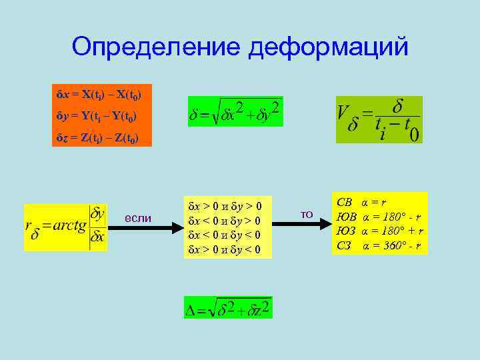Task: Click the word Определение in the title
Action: coord(157,47)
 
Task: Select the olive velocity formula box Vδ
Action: coord(379,119)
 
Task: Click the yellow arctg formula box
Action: coord(65,227)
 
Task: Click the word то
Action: coord(307,214)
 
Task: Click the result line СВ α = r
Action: coord(363,201)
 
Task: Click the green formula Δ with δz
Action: coord(227,307)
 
